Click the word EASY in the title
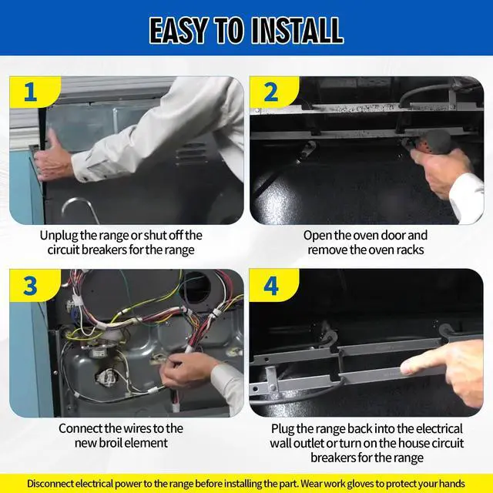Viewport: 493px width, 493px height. [178, 31]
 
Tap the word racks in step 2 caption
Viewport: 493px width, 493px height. [409, 250]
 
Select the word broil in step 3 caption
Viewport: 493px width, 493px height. [111, 443]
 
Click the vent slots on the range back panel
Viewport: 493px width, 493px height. [191, 154]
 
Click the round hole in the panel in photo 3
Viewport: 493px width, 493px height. [195, 287]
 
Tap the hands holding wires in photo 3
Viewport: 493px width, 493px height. [186, 370]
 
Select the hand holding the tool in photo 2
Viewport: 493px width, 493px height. [440, 169]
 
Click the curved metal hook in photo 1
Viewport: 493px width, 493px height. [80, 209]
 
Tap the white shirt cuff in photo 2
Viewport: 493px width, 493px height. [467, 196]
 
